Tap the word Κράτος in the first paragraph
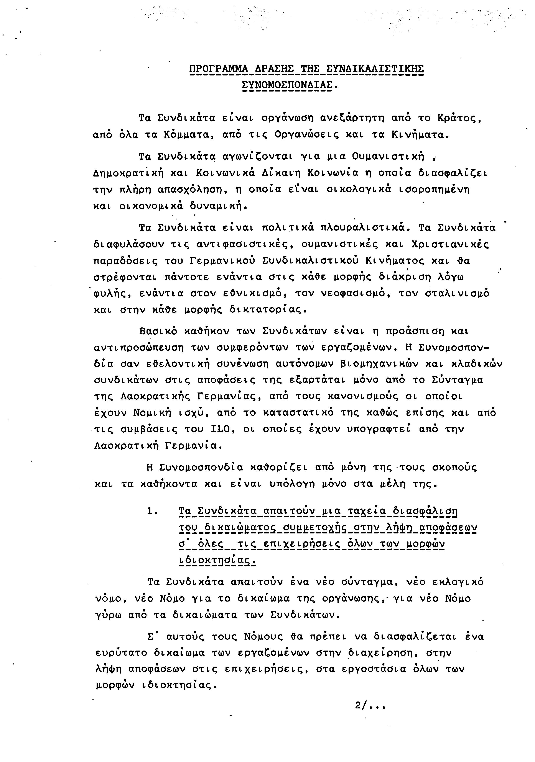coord(459,118)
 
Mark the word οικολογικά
coord(359,190)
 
